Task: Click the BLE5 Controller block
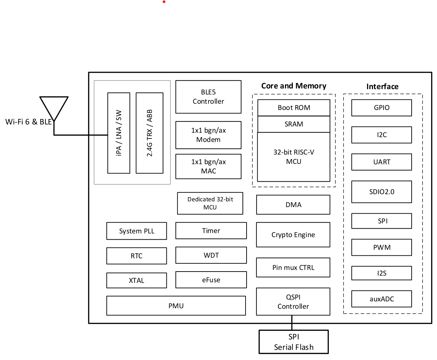[x=208, y=97]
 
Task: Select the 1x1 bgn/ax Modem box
[x=208, y=135]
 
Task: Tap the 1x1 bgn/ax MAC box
[x=208, y=166]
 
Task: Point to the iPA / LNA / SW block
[x=118, y=133]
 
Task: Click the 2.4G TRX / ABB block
[x=149, y=133]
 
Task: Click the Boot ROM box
[x=294, y=108]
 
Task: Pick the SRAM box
[x=294, y=124]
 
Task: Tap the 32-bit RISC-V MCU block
[x=294, y=157]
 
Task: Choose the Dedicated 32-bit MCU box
[x=210, y=203]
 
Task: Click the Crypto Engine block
[x=293, y=235]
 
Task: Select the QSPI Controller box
[x=293, y=302]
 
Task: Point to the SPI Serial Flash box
[x=294, y=342]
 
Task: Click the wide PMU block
[x=176, y=306]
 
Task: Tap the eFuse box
[x=211, y=280]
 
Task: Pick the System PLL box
[x=137, y=231]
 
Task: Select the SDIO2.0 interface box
[x=382, y=192]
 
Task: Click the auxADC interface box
[x=382, y=299]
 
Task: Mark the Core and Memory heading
[x=294, y=86]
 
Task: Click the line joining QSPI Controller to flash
[x=292, y=323]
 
